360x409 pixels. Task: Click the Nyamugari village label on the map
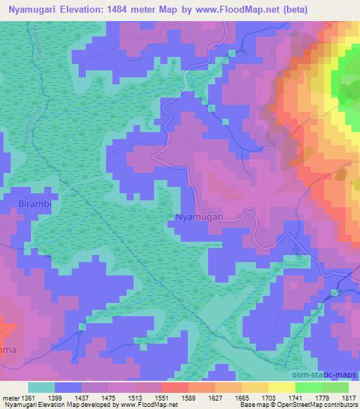pyautogui.click(x=198, y=218)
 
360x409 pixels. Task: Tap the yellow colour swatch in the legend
pyautogui.click(x=281, y=387)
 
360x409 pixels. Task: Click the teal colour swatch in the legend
pyautogui.click(x=41, y=387)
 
